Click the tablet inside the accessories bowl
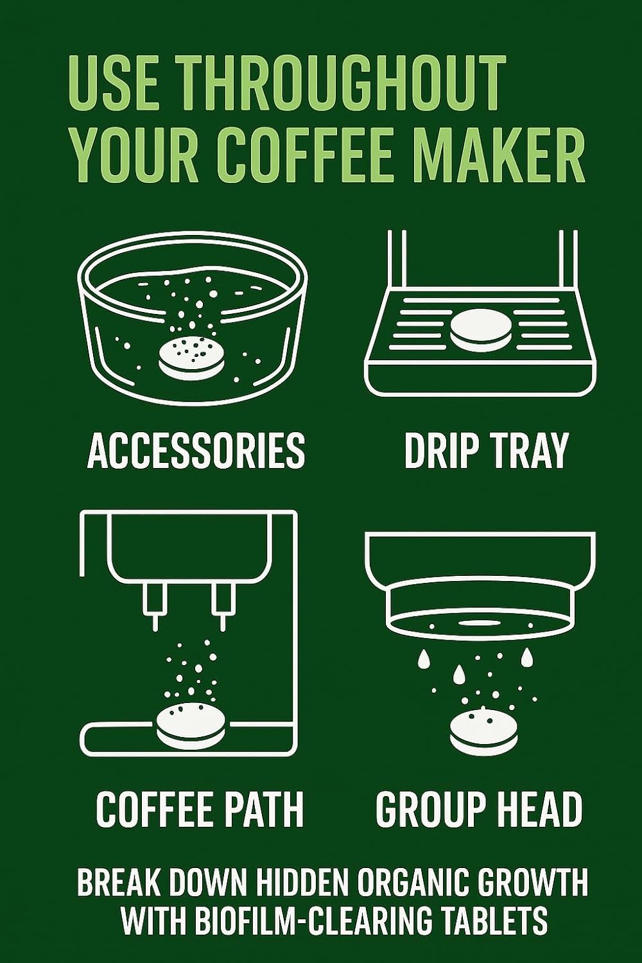(191, 357)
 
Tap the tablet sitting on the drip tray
(481, 329)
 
